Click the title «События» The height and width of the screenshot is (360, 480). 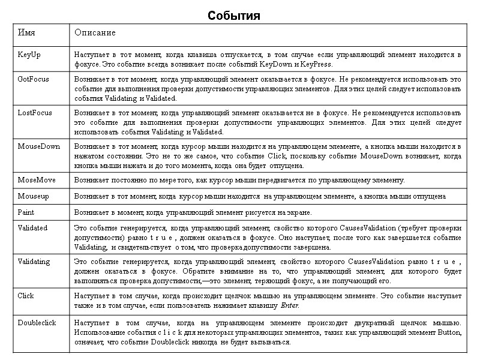click(x=234, y=16)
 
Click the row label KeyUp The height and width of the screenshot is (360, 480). click(x=29, y=55)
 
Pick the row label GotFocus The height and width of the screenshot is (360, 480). click(x=33, y=79)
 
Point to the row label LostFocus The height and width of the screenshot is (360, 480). click(x=35, y=112)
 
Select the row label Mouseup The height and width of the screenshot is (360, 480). click(x=33, y=196)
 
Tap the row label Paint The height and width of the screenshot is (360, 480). click(x=26, y=212)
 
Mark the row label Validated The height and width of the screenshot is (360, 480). click(x=32, y=228)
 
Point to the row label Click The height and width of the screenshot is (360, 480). click(x=26, y=295)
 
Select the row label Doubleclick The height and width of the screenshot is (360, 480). click(x=37, y=322)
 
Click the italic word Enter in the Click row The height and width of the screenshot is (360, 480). click(x=290, y=305)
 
